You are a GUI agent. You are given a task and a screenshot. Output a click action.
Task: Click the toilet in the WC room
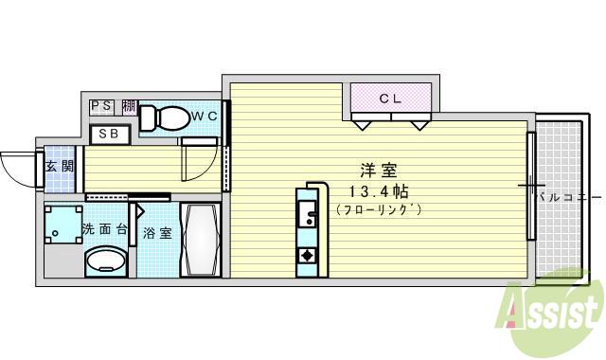tap(166, 117)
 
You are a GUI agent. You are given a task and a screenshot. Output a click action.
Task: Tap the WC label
tap(205, 116)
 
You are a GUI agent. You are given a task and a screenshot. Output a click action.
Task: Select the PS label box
tap(102, 106)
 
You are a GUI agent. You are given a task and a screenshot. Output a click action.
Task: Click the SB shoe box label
tap(109, 134)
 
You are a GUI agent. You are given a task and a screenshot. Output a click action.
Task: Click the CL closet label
tap(391, 97)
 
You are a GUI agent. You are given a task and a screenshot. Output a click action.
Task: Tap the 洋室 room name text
tap(378, 171)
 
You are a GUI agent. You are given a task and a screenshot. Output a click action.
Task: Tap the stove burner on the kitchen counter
tap(307, 255)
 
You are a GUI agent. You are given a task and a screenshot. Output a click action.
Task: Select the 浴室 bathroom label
tap(157, 233)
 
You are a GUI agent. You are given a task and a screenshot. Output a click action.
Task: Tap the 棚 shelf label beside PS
tap(128, 106)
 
